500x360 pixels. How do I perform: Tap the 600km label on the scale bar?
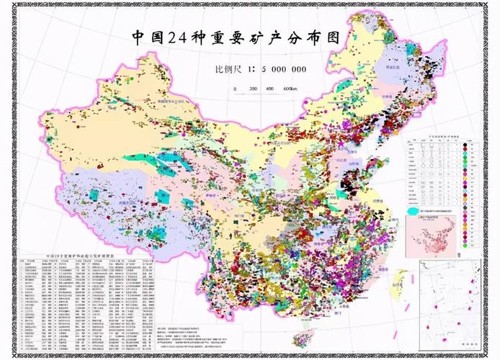point(290,89)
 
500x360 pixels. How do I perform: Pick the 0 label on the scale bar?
point(235,89)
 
